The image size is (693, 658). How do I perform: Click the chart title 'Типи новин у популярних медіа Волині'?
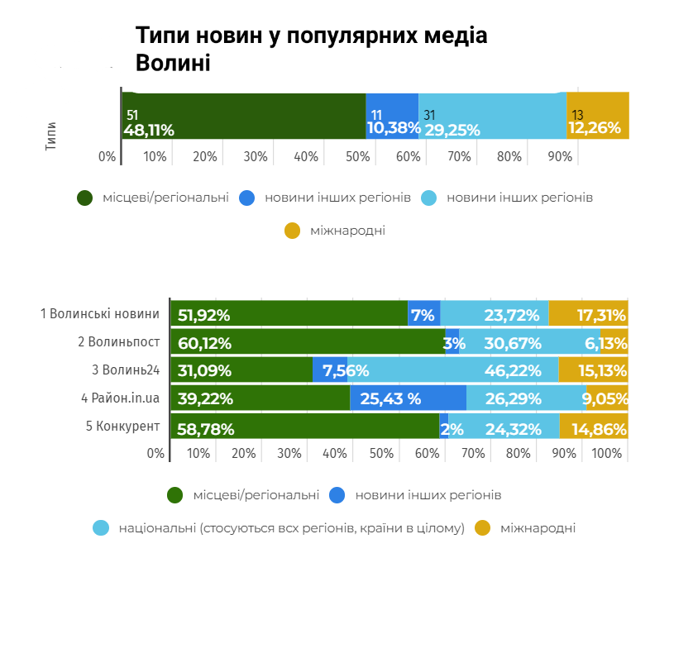[311, 49]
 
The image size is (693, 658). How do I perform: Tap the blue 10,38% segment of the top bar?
[392, 116]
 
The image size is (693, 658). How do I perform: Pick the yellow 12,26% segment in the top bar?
[598, 116]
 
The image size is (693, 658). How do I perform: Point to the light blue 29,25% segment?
[493, 116]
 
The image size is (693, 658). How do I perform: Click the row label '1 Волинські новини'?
[100, 314]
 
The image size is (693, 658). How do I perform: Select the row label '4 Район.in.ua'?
[120, 398]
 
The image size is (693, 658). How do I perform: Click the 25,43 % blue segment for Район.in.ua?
[408, 398]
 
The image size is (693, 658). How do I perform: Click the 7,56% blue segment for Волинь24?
[330, 370]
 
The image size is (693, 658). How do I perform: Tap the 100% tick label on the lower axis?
[607, 453]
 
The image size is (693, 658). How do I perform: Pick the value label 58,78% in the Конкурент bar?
[203, 429]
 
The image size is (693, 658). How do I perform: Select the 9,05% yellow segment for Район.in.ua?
[608, 398]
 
